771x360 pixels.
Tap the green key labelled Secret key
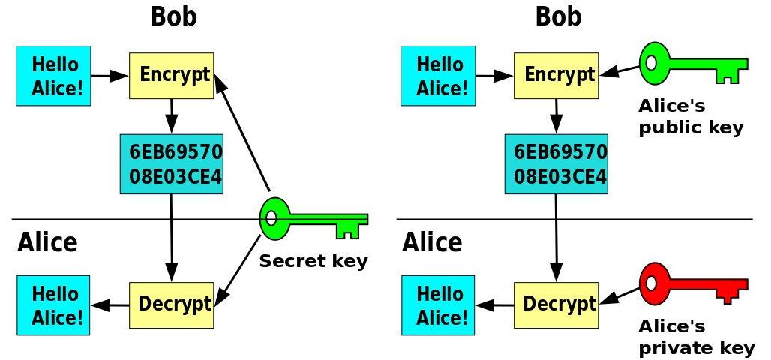coord(311,219)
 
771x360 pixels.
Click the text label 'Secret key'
coord(313,261)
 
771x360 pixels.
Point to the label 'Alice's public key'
coord(690,116)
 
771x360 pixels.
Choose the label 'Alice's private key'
coord(695,337)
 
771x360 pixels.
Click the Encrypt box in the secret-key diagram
coord(172,75)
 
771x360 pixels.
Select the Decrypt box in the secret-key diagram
coord(172,304)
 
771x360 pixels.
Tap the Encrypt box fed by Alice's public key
coord(556,75)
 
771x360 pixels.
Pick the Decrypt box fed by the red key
coord(556,304)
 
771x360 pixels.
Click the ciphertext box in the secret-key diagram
coord(172,164)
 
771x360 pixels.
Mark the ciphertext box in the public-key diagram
coord(556,164)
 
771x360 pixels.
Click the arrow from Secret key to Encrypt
coord(242,131)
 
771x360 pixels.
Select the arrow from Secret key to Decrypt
coord(238,271)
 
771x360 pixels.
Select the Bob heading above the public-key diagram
coord(558,16)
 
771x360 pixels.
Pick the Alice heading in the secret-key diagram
coord(47,242)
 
